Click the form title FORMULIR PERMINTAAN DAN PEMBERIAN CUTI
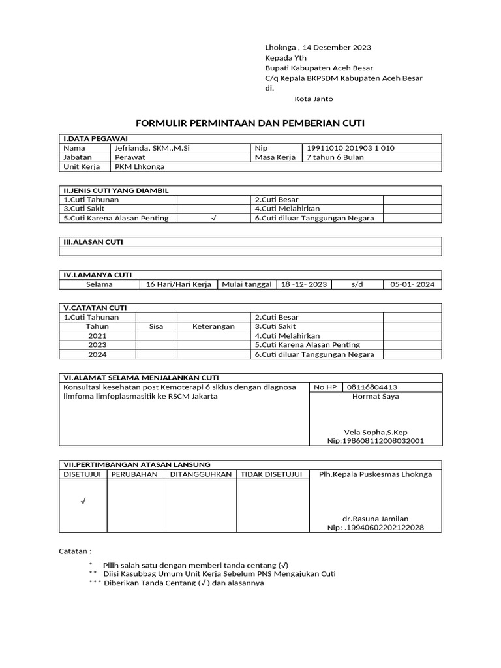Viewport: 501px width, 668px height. tap(250, 123)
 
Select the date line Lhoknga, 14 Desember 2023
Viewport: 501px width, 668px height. tap(318, 48)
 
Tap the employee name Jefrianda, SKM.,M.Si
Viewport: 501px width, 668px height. tap(152, 148)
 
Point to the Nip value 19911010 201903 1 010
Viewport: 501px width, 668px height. tap(350, 148)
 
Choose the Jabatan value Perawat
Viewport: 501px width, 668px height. tap(130, 157)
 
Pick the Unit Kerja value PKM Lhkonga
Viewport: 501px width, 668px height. tap(140, 166)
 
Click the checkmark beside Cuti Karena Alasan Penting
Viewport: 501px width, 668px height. tap(213, 218)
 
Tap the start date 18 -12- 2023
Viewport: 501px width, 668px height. tap(303, 284)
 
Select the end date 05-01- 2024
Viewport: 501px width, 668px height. tap(412, 284)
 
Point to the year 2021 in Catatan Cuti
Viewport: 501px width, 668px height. tap(97, 335)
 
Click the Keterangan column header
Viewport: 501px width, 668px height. tap(213, 326)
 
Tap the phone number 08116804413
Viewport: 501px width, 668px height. tap(372, 387)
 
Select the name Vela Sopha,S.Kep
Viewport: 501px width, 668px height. tap(375, 432)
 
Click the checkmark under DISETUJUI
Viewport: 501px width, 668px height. tap(83, 501)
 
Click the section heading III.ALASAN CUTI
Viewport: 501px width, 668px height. tap(93, 242)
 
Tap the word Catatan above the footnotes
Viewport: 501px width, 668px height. tap(75, 551)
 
